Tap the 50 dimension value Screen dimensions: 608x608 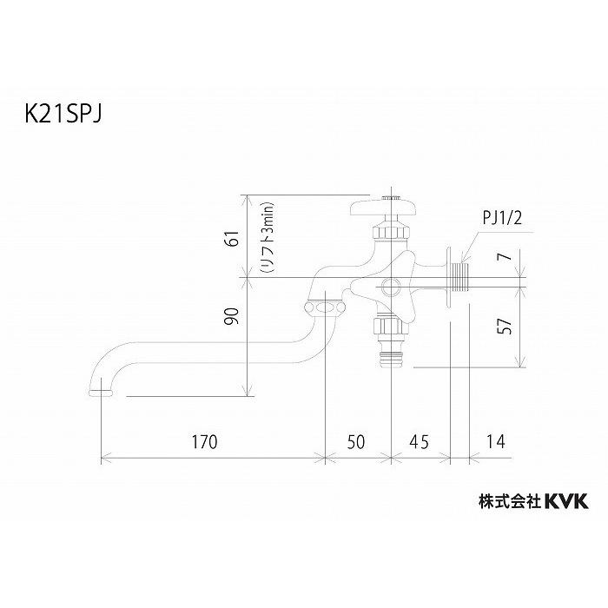tap(356, 440)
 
